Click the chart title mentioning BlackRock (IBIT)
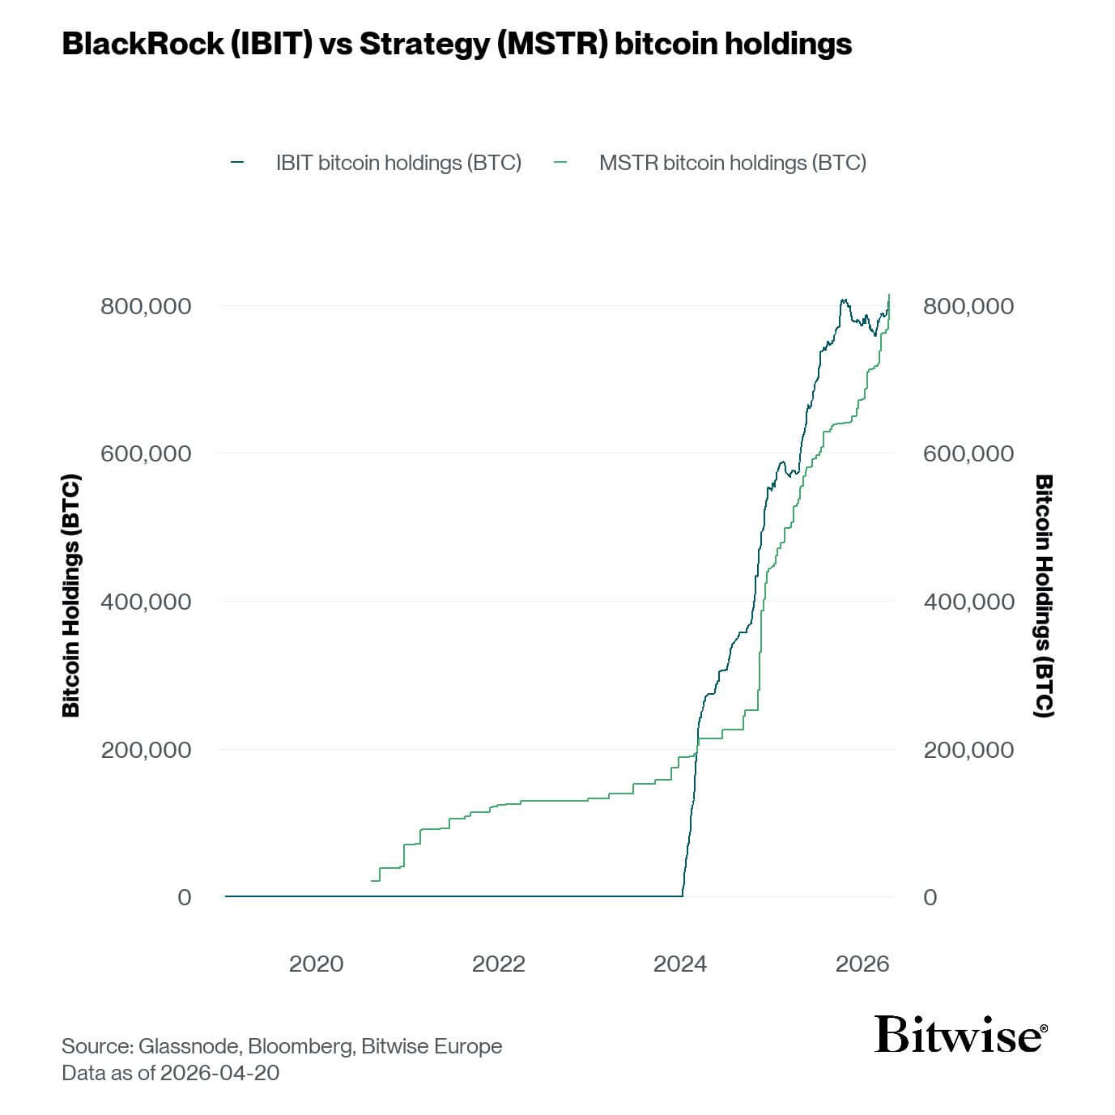coord(457,44)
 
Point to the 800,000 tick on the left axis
coord(146,306)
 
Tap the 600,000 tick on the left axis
coord(146,453)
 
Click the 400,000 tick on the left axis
coord(146,602)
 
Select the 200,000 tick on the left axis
coord(146,750)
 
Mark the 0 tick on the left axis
coord(185,897)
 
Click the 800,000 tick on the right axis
coord(968,306)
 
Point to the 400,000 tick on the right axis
coord(968,602)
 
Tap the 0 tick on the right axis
coord(930,897)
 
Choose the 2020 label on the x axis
coord(316,964)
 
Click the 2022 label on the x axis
coord(498,964)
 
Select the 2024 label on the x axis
coord(680,964)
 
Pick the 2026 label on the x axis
coord(862,964)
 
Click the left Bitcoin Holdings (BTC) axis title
coord(71,596)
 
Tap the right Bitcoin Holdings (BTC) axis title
coord(1045,596)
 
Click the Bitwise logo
coord(960,1034)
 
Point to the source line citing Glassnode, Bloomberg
coord(282,1046)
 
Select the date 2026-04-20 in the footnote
coord(219,1073)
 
